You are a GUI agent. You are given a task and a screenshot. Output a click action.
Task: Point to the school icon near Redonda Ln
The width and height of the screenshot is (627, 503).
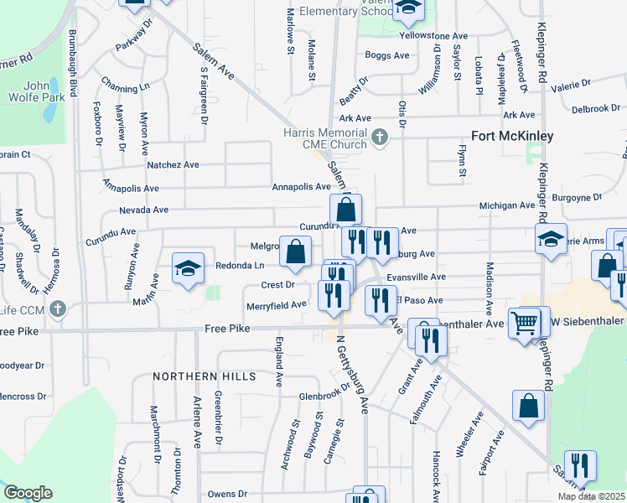[189, 268]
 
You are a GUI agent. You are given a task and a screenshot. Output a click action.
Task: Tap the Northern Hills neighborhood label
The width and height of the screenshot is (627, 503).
[205, 377]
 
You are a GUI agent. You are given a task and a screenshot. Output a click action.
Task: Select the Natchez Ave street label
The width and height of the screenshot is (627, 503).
[173, 165]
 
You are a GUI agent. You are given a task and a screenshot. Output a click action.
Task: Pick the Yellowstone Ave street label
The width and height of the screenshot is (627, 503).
[433, 36]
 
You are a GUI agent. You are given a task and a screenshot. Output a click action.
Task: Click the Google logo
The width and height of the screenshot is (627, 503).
[28, 492]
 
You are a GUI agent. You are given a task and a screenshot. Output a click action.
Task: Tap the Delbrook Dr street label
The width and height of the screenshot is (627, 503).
[595, 109]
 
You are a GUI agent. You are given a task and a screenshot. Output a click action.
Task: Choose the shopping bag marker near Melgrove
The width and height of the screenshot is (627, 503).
[295, 251]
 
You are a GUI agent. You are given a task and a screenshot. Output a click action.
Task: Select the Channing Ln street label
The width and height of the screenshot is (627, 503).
[125, 86]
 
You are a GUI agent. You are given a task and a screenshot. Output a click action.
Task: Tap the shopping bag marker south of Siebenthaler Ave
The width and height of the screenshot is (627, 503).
[530, 406]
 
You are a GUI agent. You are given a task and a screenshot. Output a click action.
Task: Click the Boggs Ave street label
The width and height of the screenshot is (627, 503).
[386, 55]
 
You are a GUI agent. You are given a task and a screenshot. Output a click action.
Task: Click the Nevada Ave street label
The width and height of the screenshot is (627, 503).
[144, 210]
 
